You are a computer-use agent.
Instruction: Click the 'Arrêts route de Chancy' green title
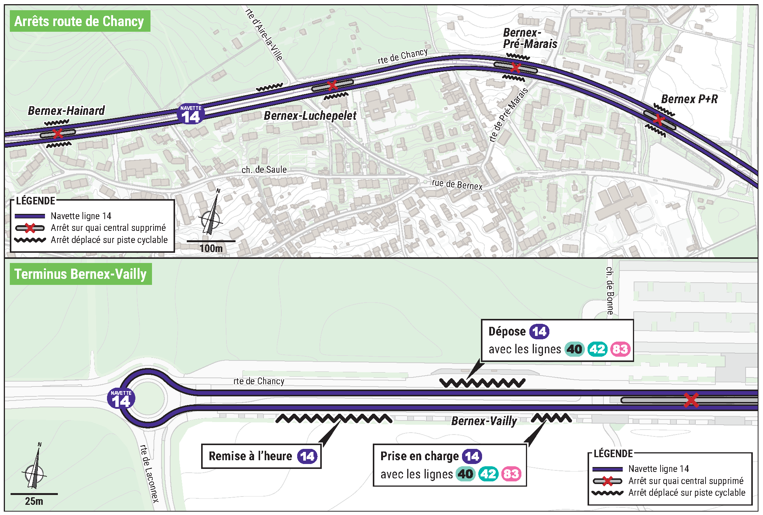pyautogui.click(x=80, y=21)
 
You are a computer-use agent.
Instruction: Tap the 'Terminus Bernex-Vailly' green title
pyautogui.click(x=81, y=274)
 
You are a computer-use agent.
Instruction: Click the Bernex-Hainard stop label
pyautogui.click(x=67, y=111)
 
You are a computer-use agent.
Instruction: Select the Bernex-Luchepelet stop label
pyautogui.click(x=310, y=116)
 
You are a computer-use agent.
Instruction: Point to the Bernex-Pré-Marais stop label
pyautogui.click(x=530, y=38)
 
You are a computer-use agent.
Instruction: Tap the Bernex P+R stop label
pyautogui.click(x=689, y=99)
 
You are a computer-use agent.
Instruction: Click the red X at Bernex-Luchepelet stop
pyautogui.click(x=332, y=85)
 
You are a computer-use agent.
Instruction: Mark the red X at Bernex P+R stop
pyautogui.click(x=659, y=120)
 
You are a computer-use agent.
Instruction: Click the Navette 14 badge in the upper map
pyautogui.click(x=191, y=114)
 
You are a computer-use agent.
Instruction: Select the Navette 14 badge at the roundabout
pyautogui.click(x=121, y=399)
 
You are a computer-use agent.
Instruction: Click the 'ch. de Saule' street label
pyautogui.click(x=264, y=170)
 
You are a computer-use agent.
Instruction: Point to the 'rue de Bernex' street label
pyautogui.click(x=457, y=184)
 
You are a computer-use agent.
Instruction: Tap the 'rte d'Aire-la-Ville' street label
pyautogui.click(x=264, y=34)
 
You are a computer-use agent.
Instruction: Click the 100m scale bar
pyautogui.click(x=211, y=241)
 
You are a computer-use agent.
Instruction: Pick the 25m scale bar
pyautogui.click(x=34, y=494)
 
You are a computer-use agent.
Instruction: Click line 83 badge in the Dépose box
pyautogui.click(x=620, y=349)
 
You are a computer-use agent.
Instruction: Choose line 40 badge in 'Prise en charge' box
pyautogui.click(x=466, y=474)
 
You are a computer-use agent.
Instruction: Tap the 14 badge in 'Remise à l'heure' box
pyautogui.click(x=307, y=456)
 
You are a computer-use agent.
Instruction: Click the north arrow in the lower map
pyautogui.click(x=35, y=466)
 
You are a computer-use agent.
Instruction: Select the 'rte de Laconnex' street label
pyautogui.click(x=149, y=473)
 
